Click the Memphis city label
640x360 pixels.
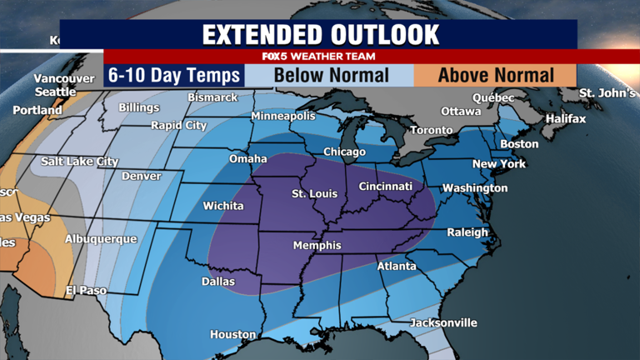317,246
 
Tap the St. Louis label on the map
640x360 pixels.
314,194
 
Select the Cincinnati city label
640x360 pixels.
385,187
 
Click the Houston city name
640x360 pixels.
232,335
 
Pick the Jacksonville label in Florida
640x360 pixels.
443,322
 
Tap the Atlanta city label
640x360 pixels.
397,267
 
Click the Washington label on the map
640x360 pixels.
474,188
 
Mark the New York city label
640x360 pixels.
499,164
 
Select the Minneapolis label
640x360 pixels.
283,116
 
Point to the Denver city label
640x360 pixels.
142,177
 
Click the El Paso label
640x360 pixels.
87,291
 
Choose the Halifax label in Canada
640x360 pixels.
565,119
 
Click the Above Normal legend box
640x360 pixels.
496,76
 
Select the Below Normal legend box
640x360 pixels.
332,76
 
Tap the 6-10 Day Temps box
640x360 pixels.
173,76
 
